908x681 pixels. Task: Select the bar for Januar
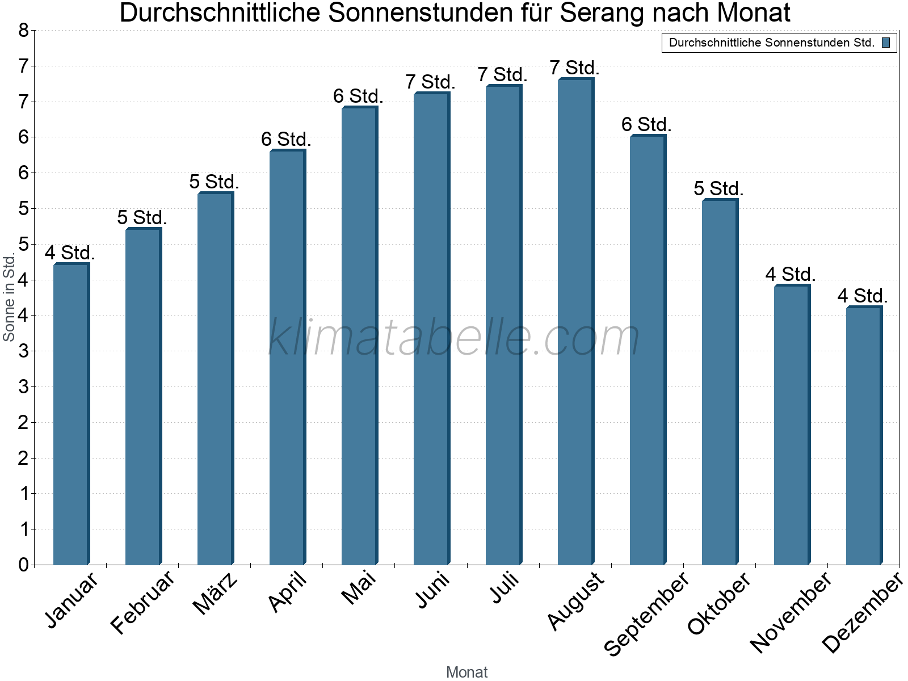point(71,414)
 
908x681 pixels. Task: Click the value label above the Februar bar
point(142,217)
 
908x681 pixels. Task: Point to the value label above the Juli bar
point(502,74)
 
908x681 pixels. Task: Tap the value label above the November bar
point(791,275)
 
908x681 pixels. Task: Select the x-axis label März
point(215,594)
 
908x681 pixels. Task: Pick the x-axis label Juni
point(433,590)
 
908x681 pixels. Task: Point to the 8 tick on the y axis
point(23,31)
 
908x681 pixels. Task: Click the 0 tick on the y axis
point(23,565)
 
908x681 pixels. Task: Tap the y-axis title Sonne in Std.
point(9,297)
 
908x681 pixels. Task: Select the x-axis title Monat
point(466,672)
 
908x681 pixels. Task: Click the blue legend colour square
point(886,43)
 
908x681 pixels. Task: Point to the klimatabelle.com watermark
point(454,338)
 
